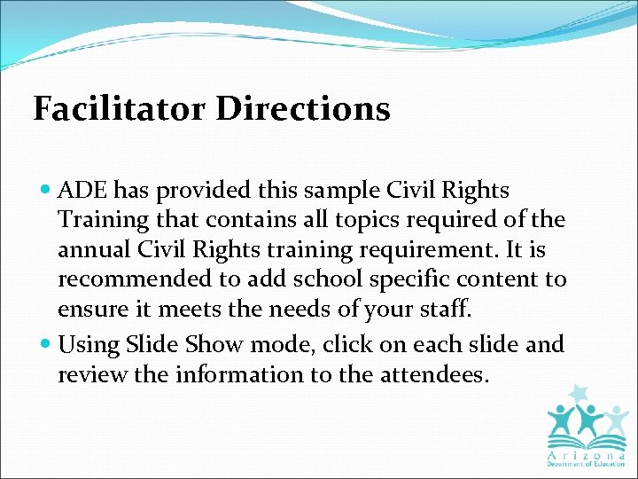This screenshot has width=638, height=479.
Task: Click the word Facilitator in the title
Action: point(120,109)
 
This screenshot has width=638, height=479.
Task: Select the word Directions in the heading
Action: point(303,109)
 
